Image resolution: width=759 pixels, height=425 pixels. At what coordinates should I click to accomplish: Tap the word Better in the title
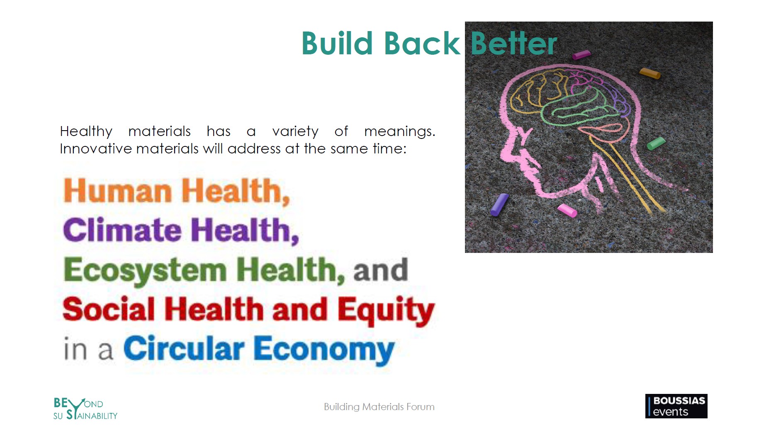coord(514,43)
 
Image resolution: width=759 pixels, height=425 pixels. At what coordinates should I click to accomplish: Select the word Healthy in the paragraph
coord(86,132)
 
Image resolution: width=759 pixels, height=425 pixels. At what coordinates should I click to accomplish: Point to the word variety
coord(295,132)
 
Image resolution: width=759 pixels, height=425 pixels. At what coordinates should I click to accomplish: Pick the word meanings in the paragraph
coord(400,132)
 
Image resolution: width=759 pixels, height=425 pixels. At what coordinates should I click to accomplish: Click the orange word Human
coord(118,191)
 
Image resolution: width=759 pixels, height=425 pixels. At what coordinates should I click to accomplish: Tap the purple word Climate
coord(122,230)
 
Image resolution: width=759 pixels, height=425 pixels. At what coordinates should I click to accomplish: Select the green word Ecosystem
coord(145,270)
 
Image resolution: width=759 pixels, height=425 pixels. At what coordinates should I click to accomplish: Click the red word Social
coord(109,309)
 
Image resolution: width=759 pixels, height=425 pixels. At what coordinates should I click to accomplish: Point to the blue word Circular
coord(184,348)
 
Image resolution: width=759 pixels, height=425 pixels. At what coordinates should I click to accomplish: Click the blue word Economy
coord(324,350)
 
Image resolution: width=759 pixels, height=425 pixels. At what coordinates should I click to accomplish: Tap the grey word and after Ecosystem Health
coord(381,270)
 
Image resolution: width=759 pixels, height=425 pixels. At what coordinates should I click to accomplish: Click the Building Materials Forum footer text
coord(379,407)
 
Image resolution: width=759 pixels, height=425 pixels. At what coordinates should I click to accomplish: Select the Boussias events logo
coord(676,406)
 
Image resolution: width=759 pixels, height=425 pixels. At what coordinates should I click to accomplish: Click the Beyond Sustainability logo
coord(85,409)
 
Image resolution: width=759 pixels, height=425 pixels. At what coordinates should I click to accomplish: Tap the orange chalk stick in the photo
coord(650,73)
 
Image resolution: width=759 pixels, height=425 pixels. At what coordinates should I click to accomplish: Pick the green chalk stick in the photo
coord(656,143)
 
